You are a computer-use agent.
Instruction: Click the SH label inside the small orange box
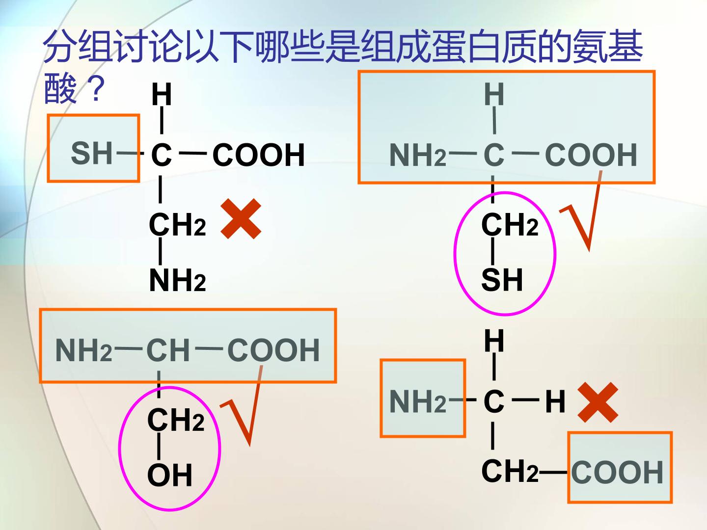pyautogui.click(x=91, y=154)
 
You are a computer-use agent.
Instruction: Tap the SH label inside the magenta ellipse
pyautogui.click(x=501, y=280)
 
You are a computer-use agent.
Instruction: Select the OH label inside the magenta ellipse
pyautogui.click(x=169, y=475)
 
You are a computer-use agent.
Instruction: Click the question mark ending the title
pyautogui.click(x=96, y=88)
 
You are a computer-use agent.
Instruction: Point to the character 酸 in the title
pyautogui.click(x=60, y=88)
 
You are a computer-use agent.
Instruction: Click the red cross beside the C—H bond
pyautogui.click(x=598, y=402)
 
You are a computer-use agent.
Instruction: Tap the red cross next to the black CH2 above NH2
pyautogui.click(x=241, y=219)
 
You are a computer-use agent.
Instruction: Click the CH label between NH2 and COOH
pyautogui.click(x=168, y=350)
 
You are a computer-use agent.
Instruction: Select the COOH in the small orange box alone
pyautogui.click(x=617, y=472)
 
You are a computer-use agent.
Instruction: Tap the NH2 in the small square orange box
pyautogui.click(x=417, y=401)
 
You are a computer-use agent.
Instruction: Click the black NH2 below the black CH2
pyautogui.click(x=177, y=280)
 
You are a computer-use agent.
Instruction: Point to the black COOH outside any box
pyautogui.click(x=259, y=155)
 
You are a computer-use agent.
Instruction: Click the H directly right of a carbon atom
pyautogui.click(x=555, y=401)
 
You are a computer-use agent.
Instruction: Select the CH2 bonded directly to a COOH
pyautogui.click(x=510, y=471)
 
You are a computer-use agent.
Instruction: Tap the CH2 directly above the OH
pyautogui.click(x=176, y=420)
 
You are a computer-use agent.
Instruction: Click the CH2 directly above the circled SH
pyautogui.click(x=510, y=224)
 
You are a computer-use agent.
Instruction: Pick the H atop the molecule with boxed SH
pyautogui.click(x=162, y=94)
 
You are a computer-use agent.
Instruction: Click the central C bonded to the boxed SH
pyautogui.click(x=161, y=155)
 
